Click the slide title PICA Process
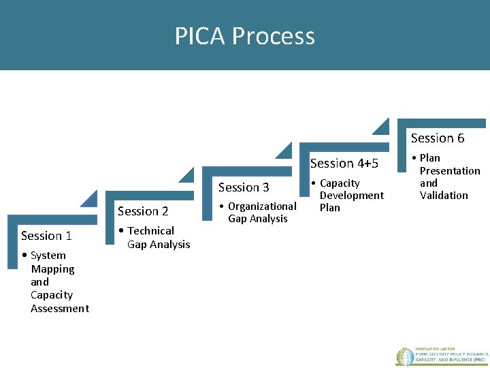pyautogui.click(x=244, y=35)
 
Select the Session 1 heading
pyautogui.click(x=46, y=236)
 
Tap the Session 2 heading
pyautogui.click(x=143, y=211)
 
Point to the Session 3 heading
pyautogui.click(x=244, y=187)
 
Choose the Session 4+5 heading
pyautogui.click(x=344, y=164)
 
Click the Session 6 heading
pyautogui.click(x=438, y=138)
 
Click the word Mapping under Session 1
pyautogui.click(x=52, y=269)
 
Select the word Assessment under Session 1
pyautogui.click(x=60, y=309)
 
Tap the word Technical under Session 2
pyautogui.click(x=150, y=231)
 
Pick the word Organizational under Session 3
pyautogui.click(x=262, y=206)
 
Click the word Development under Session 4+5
pyautogui.click(x=352, y=196)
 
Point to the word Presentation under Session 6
pyautogui.click(x=450, y=171)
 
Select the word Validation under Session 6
pyautogui.click(x=444, y=196)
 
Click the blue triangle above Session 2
pyautogui.click(x=90, y=198)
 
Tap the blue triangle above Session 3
pyautogui.click(x=186, y=174)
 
